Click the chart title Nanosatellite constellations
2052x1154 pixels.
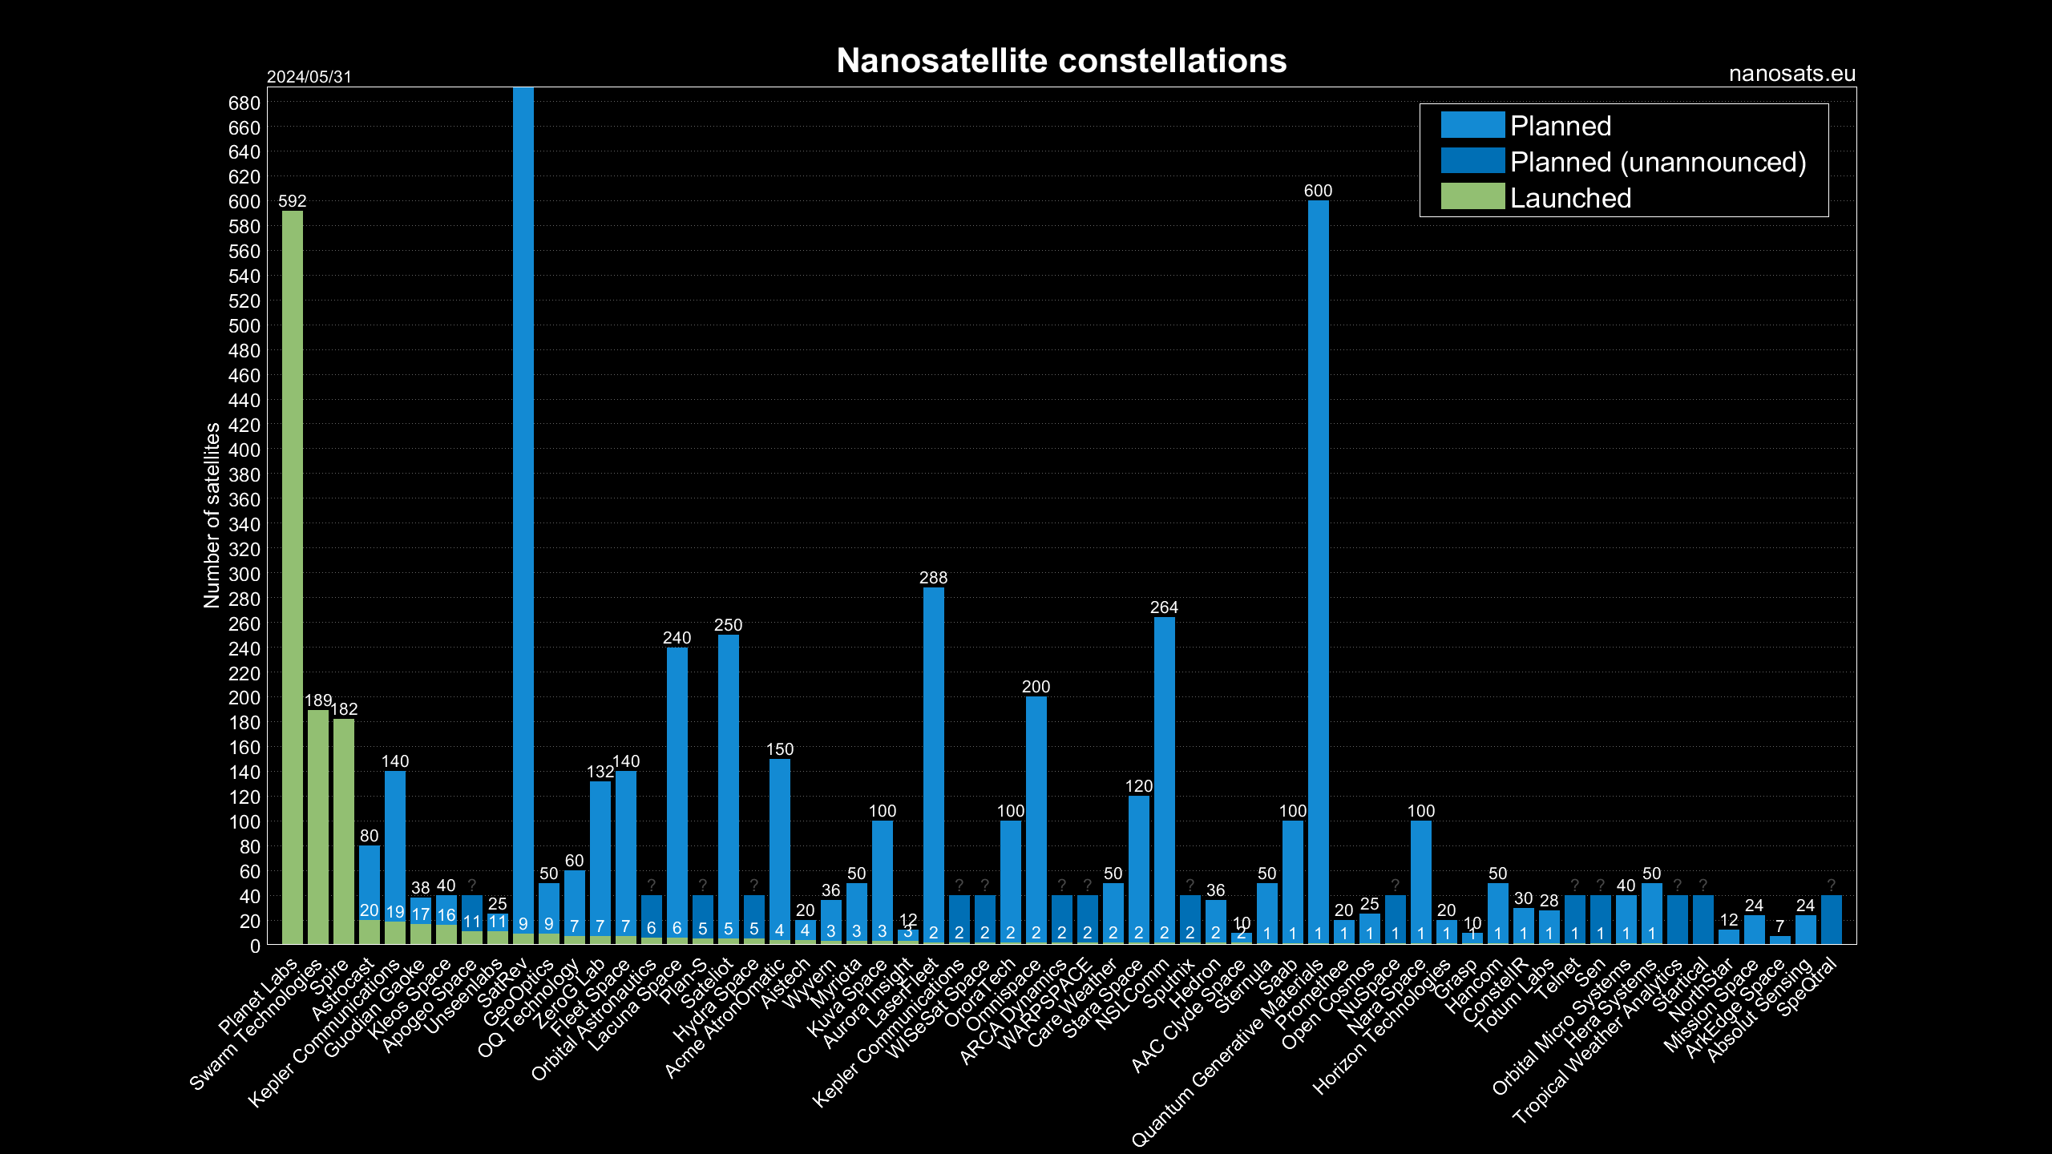coord(1061,61)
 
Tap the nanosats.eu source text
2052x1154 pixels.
coord(1791,74)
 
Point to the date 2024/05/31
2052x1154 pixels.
coord(309,77)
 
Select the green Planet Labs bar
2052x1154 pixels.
coord(293,577)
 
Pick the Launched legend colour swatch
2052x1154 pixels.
coord(1472,197)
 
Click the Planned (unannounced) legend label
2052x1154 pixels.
coord(1658,162)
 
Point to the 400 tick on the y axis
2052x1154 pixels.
coord(244,450)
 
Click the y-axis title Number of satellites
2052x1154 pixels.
coord(212,515)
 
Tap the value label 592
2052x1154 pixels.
coord(293,201)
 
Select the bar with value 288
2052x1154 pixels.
coord(933,765)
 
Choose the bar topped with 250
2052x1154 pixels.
coord(728,789)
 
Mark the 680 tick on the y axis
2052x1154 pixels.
coord(244,103)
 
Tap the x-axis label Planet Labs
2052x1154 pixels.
coord(259,996)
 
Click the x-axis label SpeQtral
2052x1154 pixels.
coord(1808,987)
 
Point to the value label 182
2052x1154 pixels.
coord(344,709)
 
